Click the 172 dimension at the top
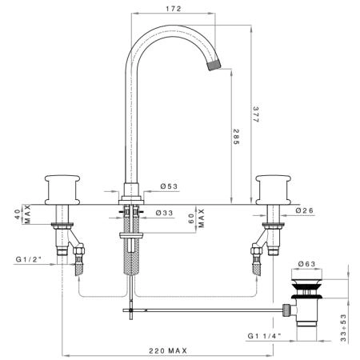(174, 9)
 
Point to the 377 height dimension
(256, 114)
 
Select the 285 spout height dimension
(236, 137)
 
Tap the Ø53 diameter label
(169, 186)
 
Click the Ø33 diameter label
(165, 213)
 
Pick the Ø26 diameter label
(305, 210)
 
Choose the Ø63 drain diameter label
(306, 264)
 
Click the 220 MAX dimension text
(168, 351)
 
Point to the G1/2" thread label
(29, 259)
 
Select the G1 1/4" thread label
(265, 336)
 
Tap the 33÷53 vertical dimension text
(344, 328)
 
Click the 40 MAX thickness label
(22, 214)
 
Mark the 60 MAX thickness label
(197, 218)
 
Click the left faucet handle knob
(62, 190)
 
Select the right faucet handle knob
(273, 190)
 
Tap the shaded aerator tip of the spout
(214, 64)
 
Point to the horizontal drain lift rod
(202, 310)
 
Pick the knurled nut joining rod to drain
(286, 310)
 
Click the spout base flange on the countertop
(131, 200)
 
